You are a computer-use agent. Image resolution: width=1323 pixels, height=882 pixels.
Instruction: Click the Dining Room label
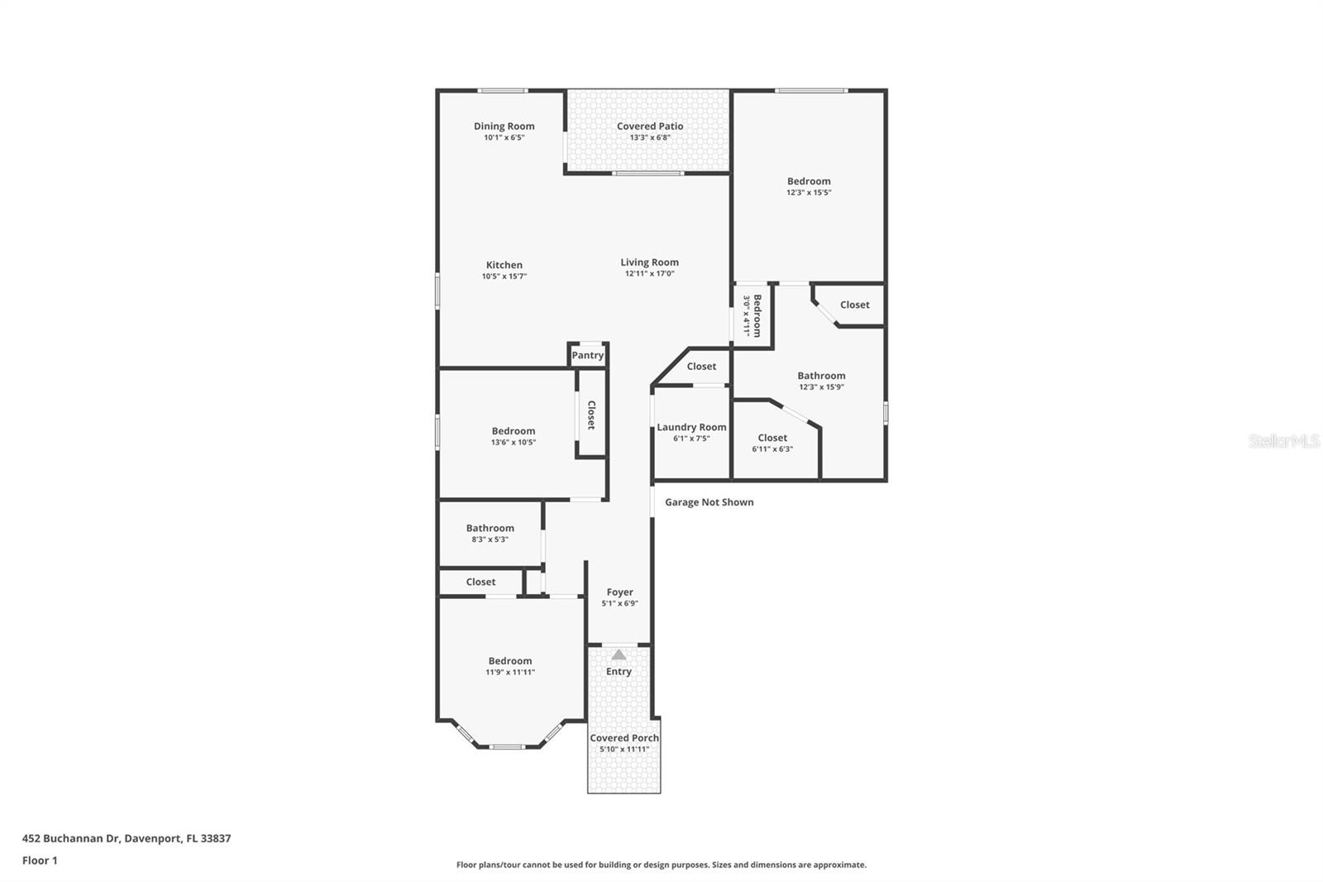pyautogui.click(x=504, y=127)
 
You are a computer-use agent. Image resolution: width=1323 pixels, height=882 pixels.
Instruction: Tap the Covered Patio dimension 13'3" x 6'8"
pyautogui.click(x=650, y=138)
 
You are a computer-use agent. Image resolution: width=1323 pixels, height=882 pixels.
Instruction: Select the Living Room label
pyautogui.click(x=650, y=262)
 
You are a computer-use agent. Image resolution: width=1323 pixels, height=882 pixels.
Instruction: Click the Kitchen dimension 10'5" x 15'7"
pyautogui.click(x=504, y=276)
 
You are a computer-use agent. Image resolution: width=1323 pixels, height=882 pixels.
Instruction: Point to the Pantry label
pyautogui.click(x=588, y=355)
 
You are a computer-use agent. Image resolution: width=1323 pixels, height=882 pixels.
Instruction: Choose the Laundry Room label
pyautogui.click(x=691, y=427)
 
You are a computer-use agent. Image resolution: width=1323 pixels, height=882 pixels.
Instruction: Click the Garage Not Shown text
pyautogui.click(x=709, y=502)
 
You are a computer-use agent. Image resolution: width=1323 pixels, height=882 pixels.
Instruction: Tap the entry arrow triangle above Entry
pyautogui.click(x=619, y=654)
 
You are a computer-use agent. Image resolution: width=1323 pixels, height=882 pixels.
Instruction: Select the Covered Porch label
pyautogui.click(x=624, y=738)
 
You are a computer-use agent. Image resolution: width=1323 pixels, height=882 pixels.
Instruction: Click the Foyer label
pyautogui.click(x=619, y=592)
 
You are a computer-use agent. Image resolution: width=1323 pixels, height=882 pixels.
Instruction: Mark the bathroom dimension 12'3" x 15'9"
pyautogui.click(x=821, y=387)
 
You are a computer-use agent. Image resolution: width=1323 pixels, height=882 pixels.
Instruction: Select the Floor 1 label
pyautogui.click(x=40, y=860)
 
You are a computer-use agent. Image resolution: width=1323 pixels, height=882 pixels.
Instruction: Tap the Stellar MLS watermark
pyautogui.click(x=1283, y=441)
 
